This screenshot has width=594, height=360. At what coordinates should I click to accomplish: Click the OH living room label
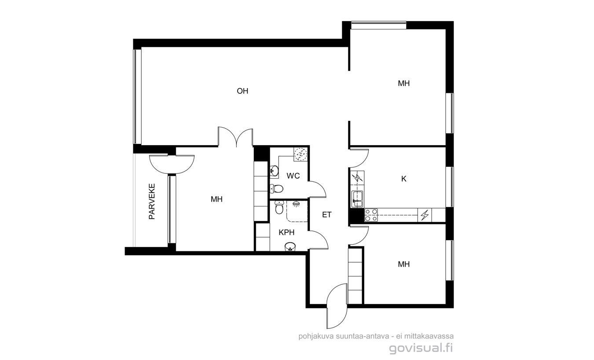coord(242,91)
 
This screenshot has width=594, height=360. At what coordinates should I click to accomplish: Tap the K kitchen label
coord(403,179)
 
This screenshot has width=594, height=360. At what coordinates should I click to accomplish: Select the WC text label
coord(293,176)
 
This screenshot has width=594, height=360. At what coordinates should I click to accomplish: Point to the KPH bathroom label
coord(286,232)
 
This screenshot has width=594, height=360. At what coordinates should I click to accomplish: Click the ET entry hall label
coord(326,215)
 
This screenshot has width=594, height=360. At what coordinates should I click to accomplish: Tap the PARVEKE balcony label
coord(152,202)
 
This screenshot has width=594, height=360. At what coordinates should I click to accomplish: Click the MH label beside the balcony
coord(216,199)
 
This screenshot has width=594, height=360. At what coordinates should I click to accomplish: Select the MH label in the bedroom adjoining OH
coord(403,83)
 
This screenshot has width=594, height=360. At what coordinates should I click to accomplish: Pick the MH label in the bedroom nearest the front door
coord(403,264)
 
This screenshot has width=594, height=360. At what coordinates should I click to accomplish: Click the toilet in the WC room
coord(277,189)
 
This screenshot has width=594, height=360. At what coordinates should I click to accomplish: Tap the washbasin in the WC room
coord(274,171)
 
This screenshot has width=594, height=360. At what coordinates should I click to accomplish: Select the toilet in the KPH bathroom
coord(279,207)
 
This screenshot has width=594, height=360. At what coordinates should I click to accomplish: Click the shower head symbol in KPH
coord(296,204)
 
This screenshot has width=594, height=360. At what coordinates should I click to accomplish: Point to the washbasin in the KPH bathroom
coord(290,247)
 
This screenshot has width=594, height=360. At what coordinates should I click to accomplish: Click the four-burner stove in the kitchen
coord(371,215)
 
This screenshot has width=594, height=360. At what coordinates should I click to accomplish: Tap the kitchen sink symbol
coord(357,199)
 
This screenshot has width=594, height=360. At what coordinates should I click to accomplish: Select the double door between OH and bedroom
coord(235,137)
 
